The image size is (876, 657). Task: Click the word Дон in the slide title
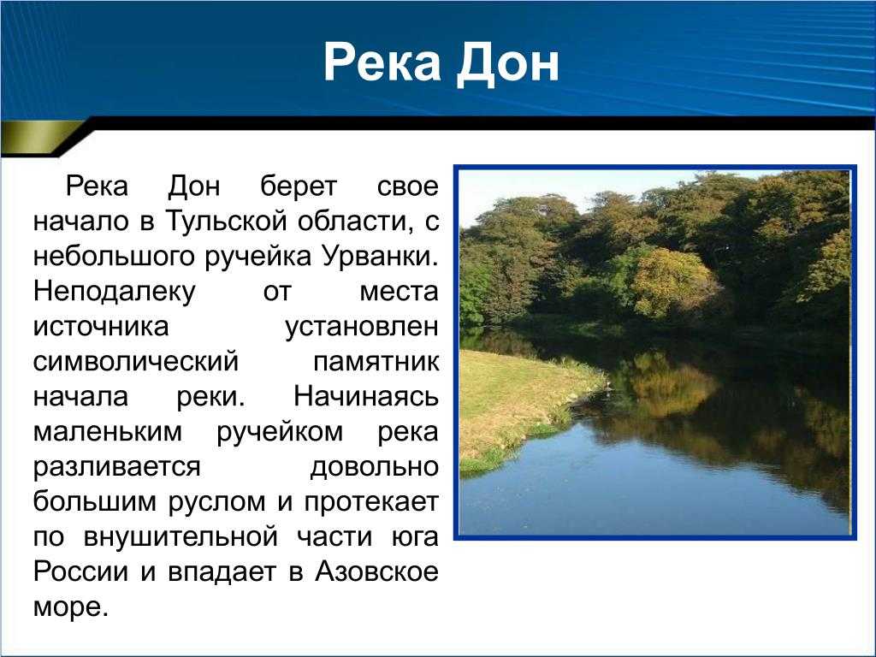[508, 62]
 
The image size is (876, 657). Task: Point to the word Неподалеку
[115, 292]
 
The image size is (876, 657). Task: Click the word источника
[101, 327]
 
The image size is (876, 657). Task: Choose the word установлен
[362, 327]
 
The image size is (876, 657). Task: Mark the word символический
[136, 362]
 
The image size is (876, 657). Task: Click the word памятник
[376, 362]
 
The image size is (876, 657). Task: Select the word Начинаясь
[366, 397]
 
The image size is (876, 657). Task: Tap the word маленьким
[108, 432]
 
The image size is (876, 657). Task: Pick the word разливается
[116, 467]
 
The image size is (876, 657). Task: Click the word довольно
[375, 467]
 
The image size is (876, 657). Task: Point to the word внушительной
[181, 537]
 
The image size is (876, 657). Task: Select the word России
[81, 571]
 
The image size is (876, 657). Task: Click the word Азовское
[377, 571]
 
